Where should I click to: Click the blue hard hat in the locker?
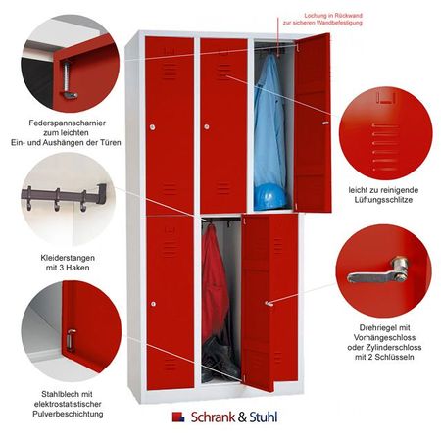pyautogui.click(x=269, y=197)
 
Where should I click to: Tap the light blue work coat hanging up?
pyautogui.click(x=269, y=124)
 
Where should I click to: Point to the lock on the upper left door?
pyautogui.click(x=153, y=126)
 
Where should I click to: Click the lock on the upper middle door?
pyautogui.click(x=207, y=126)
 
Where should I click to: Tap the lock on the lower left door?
pyautogui.click(x=154, y=304)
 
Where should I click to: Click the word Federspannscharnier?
pyautogui.click(x=68, y=123)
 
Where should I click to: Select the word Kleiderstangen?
pyautogui.click(x=68, y=258)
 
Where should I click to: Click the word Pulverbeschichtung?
pyautogui.click(x=68, y=414)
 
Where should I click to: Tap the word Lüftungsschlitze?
pyautogui.click(x=383, y=200)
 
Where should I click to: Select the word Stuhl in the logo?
pyautogui.click(x=264, y=417)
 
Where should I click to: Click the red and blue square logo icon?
pyautogui.click(x=178, y=416)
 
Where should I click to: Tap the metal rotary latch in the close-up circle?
pyautogui.click(x=379, y=271)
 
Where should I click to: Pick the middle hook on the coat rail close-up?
pyautogui.click(x=57, y=199)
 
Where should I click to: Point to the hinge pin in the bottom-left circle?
pyautogui.click(x=71, y=340)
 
